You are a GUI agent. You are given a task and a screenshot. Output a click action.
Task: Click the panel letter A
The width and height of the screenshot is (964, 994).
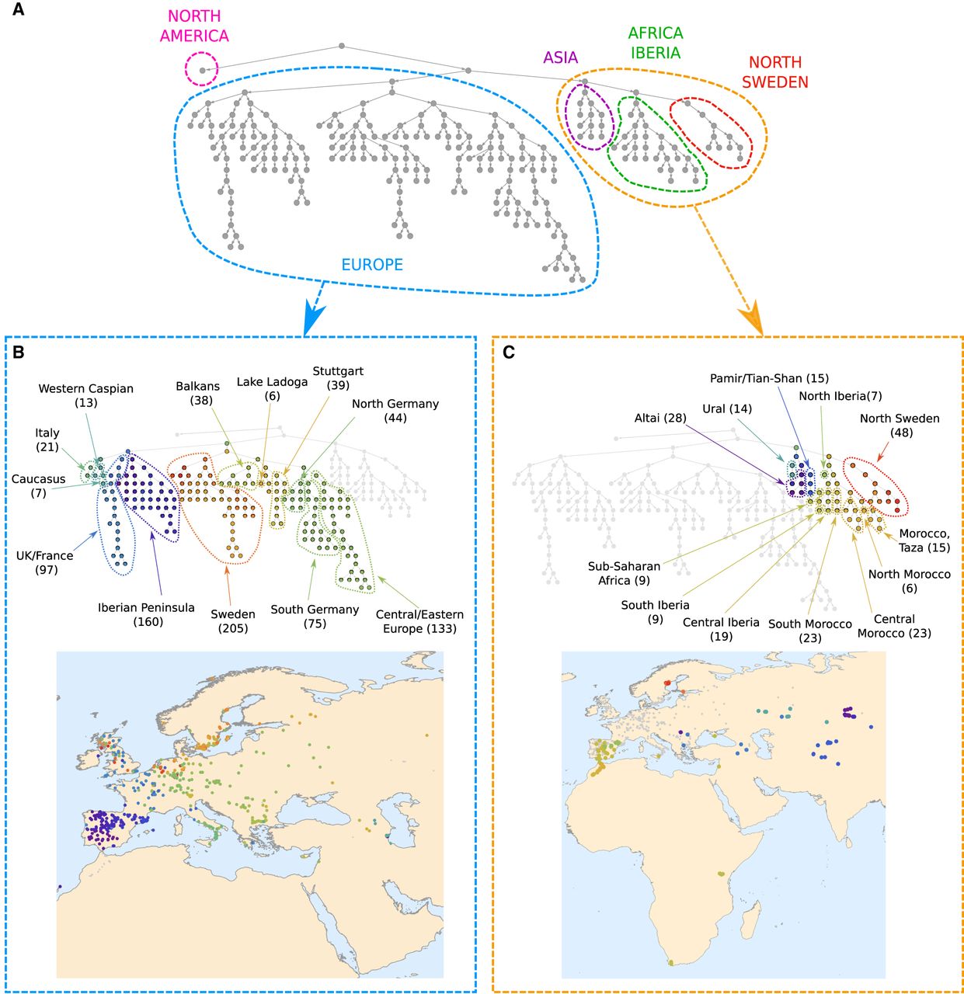point(18,9)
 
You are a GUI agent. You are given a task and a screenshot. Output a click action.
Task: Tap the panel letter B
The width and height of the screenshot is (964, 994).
point(18,353)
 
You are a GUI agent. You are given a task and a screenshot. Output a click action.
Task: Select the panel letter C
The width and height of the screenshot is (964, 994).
point(509,353)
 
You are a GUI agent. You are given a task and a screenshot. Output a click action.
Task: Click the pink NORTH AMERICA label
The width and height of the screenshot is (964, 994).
point(194,26)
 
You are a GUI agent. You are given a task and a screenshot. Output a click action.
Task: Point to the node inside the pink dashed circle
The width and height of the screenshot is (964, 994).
point(202,70)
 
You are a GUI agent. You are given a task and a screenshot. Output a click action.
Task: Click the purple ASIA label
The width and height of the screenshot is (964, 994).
point(561,57)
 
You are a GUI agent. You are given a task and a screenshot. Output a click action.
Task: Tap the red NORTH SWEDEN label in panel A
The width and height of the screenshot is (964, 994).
point(775,72)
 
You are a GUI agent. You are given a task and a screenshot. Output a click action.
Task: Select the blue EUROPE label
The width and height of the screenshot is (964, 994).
point(372,265)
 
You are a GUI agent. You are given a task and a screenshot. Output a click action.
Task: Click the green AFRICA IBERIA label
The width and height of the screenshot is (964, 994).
point(656,43)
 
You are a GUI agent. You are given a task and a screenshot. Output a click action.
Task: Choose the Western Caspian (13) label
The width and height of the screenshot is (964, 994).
point(85,395)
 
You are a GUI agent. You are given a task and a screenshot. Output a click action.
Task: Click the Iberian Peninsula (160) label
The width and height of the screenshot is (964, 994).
point(147,614)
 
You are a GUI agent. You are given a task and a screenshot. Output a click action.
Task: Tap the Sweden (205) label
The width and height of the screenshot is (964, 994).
point(233,621)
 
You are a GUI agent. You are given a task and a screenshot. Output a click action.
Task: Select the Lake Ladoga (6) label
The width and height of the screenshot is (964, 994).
point(273,389)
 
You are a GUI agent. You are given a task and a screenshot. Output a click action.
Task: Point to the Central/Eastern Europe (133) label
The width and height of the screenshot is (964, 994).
point(419,621)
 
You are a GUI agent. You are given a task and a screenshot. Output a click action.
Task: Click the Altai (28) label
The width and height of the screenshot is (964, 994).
point(660,419)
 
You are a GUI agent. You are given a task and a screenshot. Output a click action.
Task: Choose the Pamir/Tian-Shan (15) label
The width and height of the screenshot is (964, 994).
point(769,378)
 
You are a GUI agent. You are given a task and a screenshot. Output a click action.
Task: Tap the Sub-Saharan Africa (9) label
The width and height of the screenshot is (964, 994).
point(624,573)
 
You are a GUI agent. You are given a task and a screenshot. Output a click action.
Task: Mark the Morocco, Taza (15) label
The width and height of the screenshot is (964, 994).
point(924,541)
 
